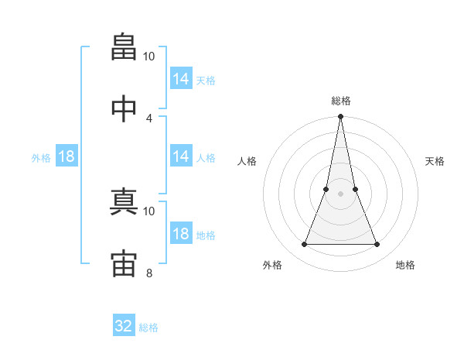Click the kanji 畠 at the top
pos(124,46)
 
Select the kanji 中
pos(124,108)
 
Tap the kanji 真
pos(124,201)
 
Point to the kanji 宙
pos(124,263)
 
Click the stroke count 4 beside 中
pos(148,118)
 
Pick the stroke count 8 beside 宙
pos(149,273)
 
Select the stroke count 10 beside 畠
pos(148,57)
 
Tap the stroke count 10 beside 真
pos(148,211)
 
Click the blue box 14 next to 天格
pos(181,78)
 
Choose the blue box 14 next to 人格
pos(181,156)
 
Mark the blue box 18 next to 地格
pos(181,232)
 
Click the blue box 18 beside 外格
pos(67,156)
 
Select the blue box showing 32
pos(124,325)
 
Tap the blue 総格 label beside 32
pos(148,328)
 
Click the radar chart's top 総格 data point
pos(340,116)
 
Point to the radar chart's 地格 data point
pos(377,244)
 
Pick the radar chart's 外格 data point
pos(304,244)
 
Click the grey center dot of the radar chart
pos(340,194)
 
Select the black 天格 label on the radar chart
pos(435,161)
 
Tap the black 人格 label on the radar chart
pos(247,161)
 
